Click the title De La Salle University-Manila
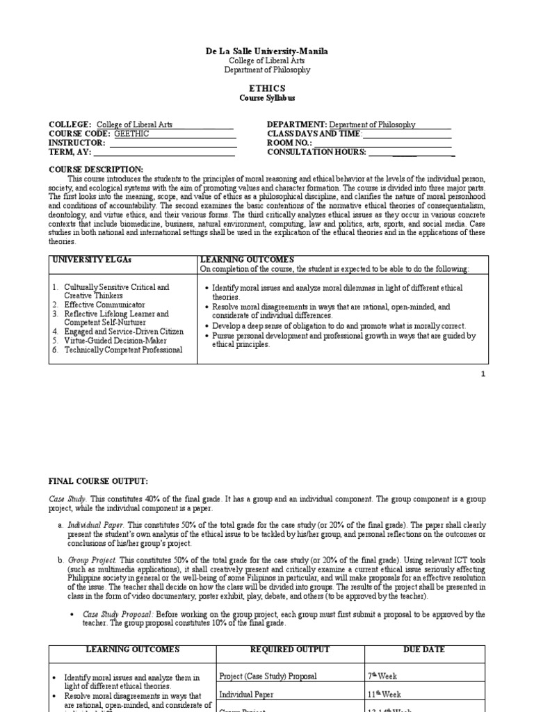tap(267, 51)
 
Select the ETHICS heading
tap(267, 88)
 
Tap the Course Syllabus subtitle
tap(267, 97)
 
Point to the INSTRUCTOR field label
tap(77, 143)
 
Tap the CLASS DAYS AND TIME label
tap(314, 134)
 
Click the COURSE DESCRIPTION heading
tap(95, 170)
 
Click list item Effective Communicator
tap(104, 305)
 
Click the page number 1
tap(483, 374)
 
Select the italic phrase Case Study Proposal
tap(118, 614)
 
